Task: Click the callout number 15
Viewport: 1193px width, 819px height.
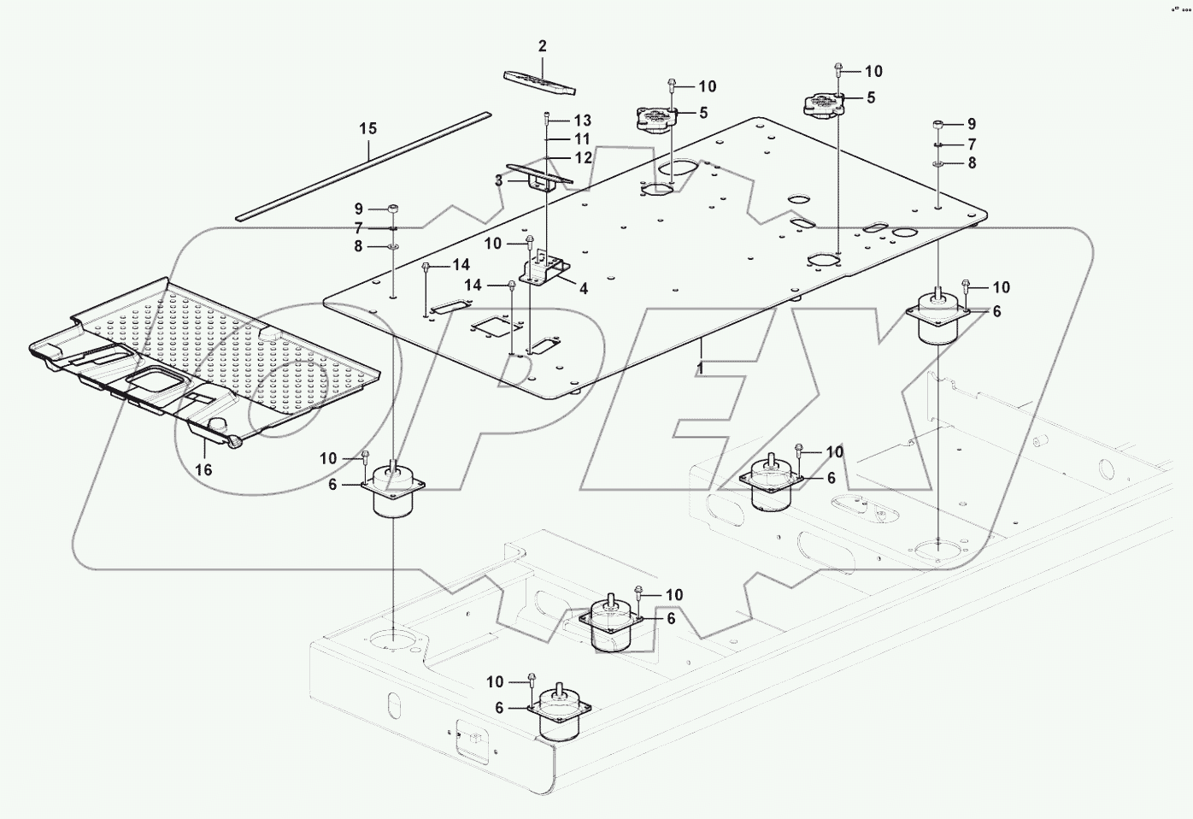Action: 367,129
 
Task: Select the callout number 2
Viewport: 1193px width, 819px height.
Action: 542,46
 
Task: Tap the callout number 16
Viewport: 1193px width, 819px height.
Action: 203,469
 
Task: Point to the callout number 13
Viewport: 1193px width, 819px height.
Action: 582,121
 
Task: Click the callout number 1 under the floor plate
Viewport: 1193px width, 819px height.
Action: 700,369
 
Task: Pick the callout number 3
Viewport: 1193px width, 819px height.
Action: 498,180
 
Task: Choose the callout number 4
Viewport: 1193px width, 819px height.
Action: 584,289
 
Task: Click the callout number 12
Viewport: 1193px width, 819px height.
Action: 583,158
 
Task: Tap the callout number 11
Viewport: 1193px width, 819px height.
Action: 582,138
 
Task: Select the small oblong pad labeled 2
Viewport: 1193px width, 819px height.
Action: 539,81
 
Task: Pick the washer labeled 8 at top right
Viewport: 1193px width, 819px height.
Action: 938,162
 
